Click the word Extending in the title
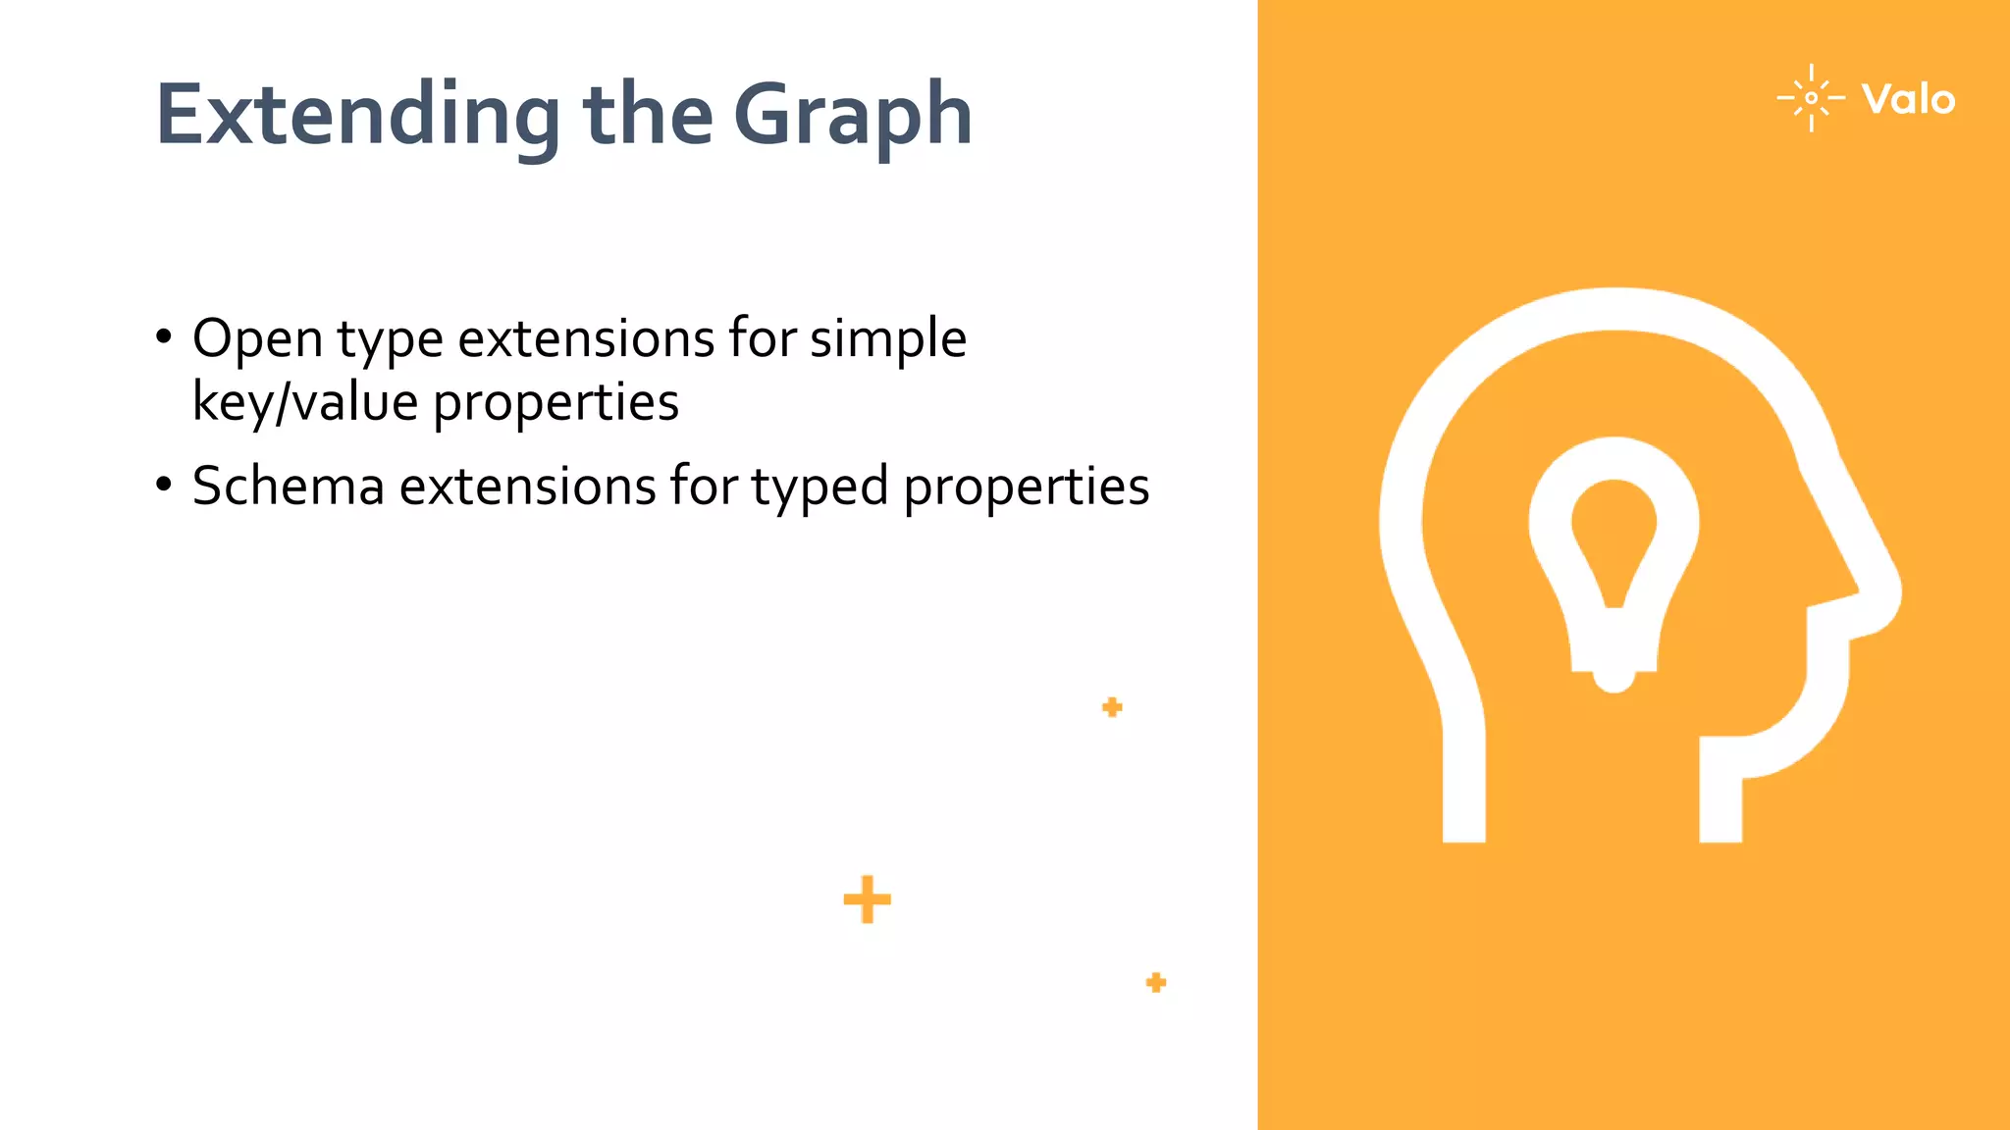pos(358,115)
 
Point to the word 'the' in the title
pos(648,115)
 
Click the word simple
pos(887,340)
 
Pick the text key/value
pos(305,402)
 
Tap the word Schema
pos(289,487)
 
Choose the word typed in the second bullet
pos(820,488)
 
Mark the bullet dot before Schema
pos(164,485)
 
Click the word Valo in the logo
pos(1908,100)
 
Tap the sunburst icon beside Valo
pos(1811,98)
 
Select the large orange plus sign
pos(867,899)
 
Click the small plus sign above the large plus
pos(1112,707)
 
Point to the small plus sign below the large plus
pos(1156,982)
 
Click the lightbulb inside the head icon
pos(1613,559)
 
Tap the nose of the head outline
pos(1875,589)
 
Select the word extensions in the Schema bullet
pos(527,487)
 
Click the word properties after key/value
pos(555,403)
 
